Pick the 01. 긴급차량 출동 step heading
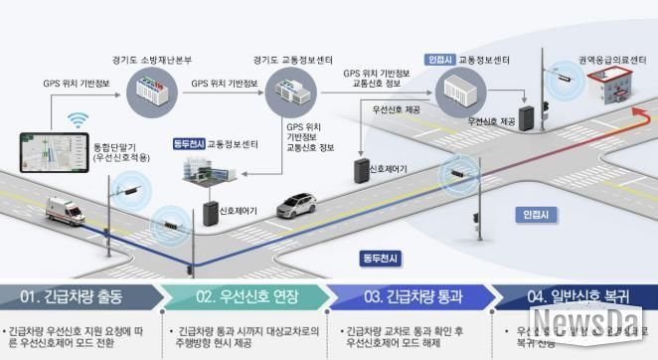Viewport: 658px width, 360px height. click(x=66, y=296)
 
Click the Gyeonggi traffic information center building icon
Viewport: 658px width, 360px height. click(x=290, y=95)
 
